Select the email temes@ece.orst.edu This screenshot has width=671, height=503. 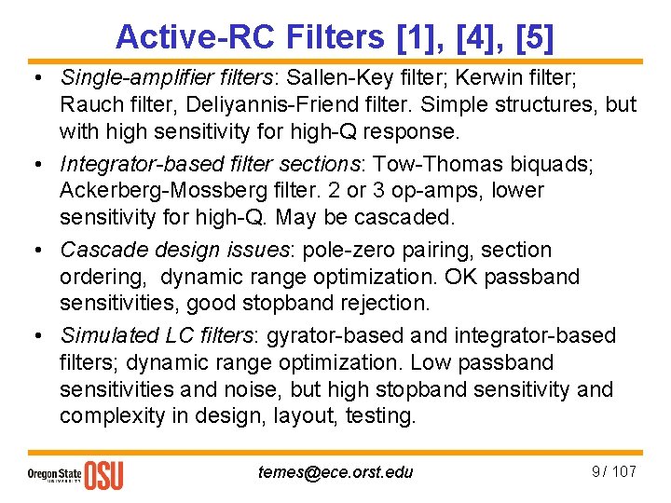point(335,472)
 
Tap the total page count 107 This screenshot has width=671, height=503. point(624,471)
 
